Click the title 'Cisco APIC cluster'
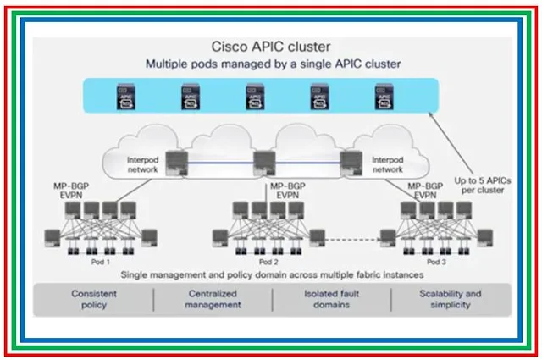pos(269,48)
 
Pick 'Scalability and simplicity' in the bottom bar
pos(450,299)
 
